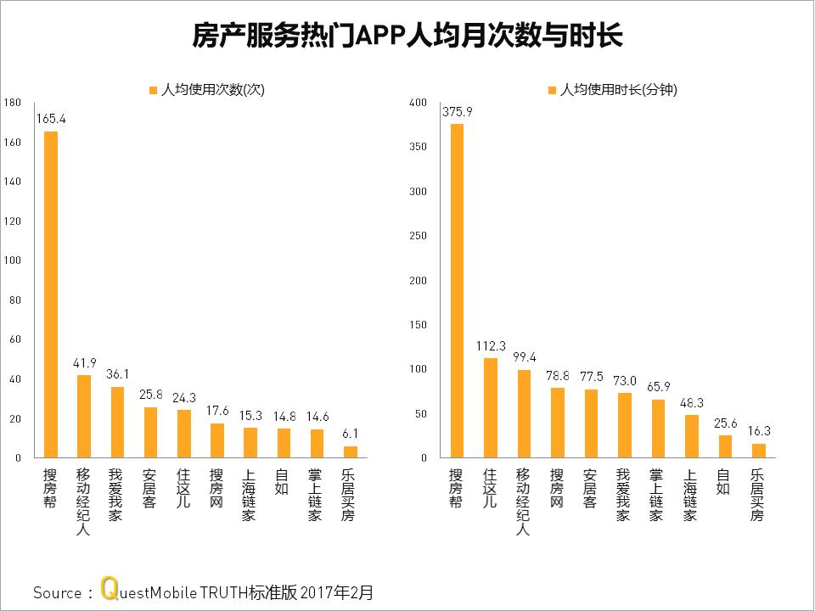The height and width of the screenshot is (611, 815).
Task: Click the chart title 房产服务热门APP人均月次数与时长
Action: pos(407,36)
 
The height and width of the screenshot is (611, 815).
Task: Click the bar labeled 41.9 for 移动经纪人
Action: pos(84,416)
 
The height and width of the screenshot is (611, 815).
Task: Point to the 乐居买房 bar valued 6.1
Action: pos(350,451)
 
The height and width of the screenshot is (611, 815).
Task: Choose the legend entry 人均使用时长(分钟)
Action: pos(611,89)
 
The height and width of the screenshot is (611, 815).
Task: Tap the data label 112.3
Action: pos(490,346)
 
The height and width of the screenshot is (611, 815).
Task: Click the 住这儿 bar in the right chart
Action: pos(490,408)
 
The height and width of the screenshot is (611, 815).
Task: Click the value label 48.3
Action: pos(691,403)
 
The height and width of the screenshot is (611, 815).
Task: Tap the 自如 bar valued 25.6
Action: pos(724,446)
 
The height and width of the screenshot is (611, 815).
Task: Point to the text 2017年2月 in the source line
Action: pos(336,591)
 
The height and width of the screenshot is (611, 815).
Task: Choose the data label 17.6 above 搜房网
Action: pos(216,412)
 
